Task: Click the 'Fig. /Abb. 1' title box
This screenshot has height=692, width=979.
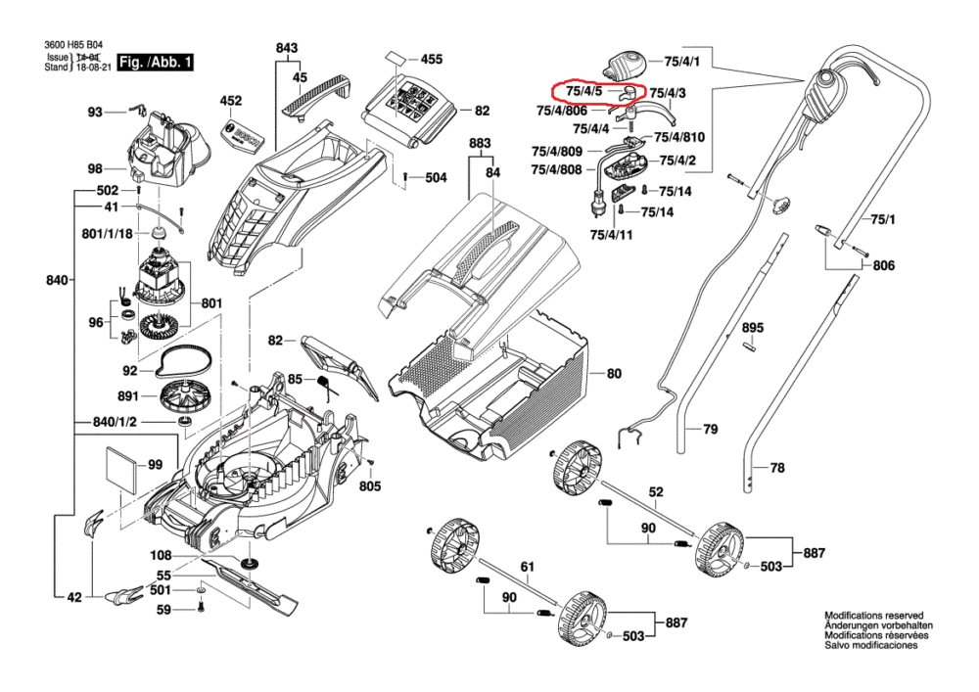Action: (155, 64)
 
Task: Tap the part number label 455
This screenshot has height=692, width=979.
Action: (431, 59)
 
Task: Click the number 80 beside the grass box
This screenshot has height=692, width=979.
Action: (614, 374)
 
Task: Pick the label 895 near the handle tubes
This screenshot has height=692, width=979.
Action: (752, 327)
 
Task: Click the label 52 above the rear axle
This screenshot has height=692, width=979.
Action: (656, 491)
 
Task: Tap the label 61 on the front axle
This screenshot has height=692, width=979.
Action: (528, 567)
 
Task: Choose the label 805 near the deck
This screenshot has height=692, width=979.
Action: (369, 485)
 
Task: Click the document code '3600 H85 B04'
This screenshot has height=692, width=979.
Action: (73, 45)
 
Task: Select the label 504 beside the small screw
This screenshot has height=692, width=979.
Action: (435, 178)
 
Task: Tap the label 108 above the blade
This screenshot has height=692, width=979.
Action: (161, 556)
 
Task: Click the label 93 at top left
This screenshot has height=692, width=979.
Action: (95, 113)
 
